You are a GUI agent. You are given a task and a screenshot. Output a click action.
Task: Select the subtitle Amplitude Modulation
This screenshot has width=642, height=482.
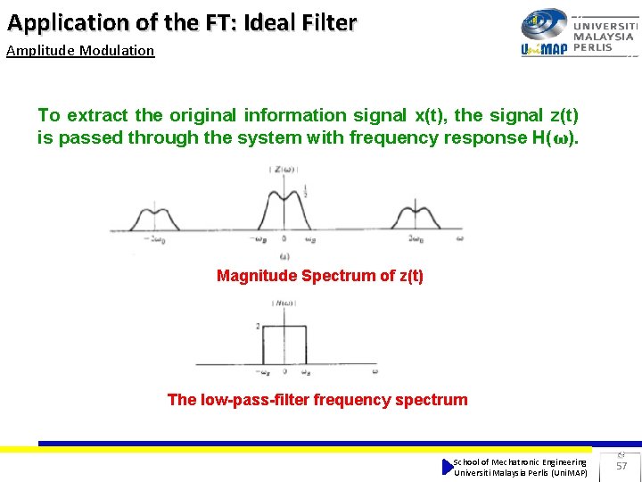[x=80, y=51]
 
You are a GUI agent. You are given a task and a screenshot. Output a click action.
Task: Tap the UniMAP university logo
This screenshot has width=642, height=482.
[x=577, y=34]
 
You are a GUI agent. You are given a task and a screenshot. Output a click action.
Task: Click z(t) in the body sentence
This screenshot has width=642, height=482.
[x=559, y=115]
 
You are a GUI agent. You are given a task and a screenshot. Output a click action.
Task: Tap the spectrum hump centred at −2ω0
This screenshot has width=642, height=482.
[x=144, y=219]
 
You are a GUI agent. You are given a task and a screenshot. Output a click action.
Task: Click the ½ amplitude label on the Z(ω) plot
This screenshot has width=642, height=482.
[x=306, y=190]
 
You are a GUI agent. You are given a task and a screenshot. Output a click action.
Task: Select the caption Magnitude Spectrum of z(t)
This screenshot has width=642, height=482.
[x=320, y=276]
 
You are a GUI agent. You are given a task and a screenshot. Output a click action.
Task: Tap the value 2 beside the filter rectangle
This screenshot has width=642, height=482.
[x=258, y=327]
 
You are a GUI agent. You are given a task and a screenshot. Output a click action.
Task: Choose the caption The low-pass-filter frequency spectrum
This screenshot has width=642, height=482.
[x=317, y=400]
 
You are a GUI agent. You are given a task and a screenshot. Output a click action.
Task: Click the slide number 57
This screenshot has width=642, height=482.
[x=622, y=466]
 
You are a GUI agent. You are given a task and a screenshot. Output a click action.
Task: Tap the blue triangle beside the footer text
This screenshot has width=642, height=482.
[x=448, y=467]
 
